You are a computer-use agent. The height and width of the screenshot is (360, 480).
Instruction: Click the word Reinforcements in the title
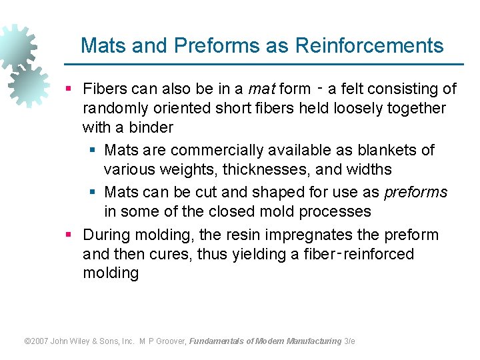(369, 45)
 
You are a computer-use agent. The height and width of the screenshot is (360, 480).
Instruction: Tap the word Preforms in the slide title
(204, 45)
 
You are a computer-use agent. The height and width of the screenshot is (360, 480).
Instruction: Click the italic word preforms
(416, 193)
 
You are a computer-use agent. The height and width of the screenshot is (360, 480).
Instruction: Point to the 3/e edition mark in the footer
(349, 341)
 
